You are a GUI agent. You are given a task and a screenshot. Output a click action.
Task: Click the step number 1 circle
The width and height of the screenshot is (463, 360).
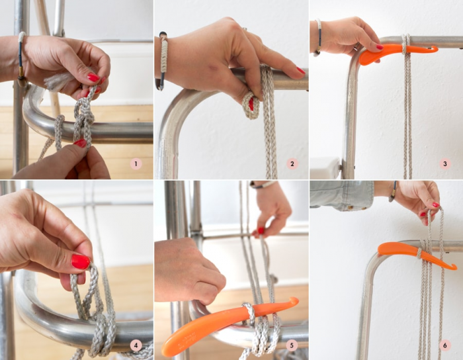click(136, 164)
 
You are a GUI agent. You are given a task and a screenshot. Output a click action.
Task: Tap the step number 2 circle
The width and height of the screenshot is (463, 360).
click(292, 164)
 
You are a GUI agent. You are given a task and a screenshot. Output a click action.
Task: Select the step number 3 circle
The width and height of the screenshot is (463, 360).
click(445, 164)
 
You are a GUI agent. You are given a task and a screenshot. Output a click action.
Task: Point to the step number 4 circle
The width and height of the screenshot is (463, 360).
click(136, 345)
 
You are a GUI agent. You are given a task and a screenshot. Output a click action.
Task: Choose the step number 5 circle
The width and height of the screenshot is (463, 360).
click(292, 345)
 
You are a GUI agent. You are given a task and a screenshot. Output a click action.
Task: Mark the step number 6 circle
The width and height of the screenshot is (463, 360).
click(445, 345)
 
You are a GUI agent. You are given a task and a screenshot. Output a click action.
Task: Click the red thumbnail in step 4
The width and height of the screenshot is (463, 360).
click(80, 261)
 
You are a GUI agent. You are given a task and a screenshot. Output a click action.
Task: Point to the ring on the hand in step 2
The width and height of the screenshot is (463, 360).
click(245, 28)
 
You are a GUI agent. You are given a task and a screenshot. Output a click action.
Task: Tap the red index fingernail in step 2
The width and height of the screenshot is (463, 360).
click(301, 71)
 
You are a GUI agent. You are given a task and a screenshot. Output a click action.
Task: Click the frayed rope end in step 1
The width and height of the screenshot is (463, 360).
click(56, 81)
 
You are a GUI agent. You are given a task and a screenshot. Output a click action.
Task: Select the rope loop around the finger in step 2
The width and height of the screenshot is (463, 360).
click(251, 105)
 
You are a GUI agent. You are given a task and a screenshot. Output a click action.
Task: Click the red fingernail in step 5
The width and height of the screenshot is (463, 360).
click(261, 231)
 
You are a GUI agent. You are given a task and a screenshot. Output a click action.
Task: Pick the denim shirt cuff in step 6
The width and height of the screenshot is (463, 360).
click(342, 195)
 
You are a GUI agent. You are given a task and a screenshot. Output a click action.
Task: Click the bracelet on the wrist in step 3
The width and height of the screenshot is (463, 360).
click(318, 38)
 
